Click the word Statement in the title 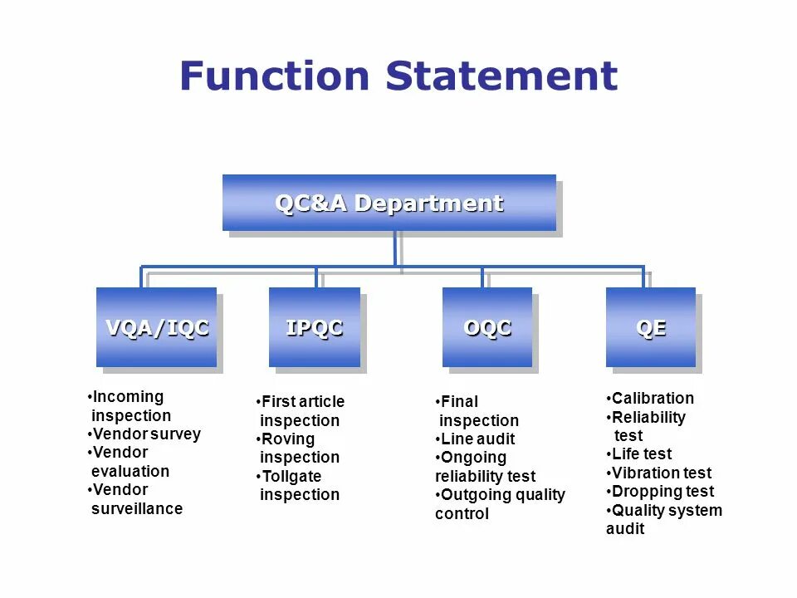point(501,76)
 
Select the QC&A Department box point(389,203)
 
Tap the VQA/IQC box point(156,327)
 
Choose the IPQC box point(314,327)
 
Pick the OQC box point(487,327)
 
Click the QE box point(650,327)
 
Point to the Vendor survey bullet point(145,434)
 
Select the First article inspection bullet point(301,411)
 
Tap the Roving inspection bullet point(299,448)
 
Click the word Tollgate point(291,476)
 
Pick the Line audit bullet point(477,439)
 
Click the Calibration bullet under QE point(652,398)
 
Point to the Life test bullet point(641,453)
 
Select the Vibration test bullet point(661,473)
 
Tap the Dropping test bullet point(662,491)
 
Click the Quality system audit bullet point(664,519)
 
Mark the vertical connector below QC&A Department point(395,248)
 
